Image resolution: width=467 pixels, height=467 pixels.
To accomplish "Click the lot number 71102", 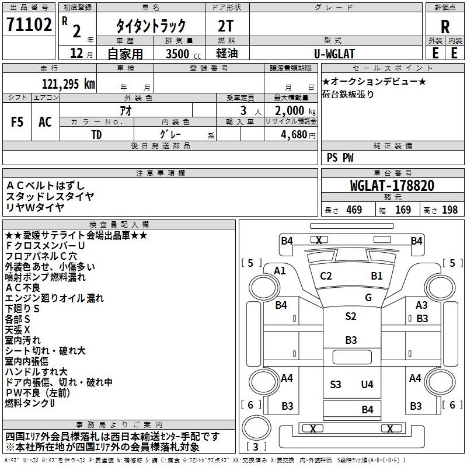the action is tap(29, 24).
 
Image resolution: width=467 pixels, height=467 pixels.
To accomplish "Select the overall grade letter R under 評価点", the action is tap(445, 27).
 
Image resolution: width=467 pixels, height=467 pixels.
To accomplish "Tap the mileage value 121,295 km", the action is tap(68, 83).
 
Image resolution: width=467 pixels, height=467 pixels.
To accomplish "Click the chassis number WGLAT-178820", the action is tap(392, 185).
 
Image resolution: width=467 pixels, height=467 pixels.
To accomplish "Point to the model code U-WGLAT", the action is tap(334, 54).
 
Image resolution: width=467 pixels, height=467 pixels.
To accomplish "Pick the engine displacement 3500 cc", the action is tap(183, 54).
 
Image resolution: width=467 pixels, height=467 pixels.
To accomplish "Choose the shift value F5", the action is tap(17, 121).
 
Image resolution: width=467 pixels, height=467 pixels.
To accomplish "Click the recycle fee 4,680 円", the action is tap(298, 135).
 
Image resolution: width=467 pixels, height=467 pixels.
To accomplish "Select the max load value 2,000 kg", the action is tap(295, 110).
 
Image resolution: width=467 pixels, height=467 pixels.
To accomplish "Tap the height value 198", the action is tap(449, 210).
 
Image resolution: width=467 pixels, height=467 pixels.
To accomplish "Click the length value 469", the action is tap(354, 210).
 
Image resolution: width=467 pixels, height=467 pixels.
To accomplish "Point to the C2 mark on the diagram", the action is tap(326, 276).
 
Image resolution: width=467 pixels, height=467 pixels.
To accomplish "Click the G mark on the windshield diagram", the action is tap(368, 297).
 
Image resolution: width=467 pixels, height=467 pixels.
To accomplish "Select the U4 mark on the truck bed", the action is tap(367, 385).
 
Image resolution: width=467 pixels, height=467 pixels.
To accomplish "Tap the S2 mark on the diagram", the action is tap(351, 316).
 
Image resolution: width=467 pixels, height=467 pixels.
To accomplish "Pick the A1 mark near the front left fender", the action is tap(280, 271).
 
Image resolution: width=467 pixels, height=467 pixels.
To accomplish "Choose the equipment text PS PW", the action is tap(340, 157).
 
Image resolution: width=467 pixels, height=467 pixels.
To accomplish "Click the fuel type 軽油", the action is tap(227, 53).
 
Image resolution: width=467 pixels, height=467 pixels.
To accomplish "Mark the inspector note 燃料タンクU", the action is tap(30, 403).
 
